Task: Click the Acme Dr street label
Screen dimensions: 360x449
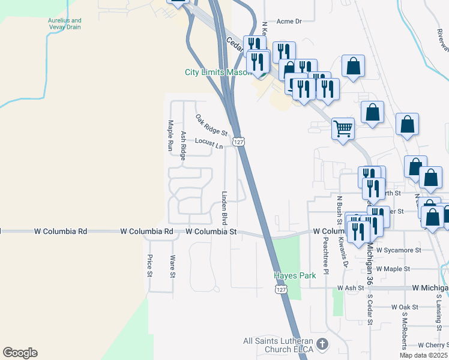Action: click(x=289, y=21)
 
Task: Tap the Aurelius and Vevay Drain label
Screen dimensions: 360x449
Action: click(x=65, y=24)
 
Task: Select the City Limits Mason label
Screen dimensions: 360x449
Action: click(x=218, y=72)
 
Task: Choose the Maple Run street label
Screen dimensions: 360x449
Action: click(x=170, y=135)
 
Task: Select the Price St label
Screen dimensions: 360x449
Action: click(x=150, y=266)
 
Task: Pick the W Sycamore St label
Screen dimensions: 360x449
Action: click(x=399, y=250)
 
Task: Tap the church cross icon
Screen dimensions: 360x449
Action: click(x=322, y=344)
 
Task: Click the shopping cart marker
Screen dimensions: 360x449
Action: click(x=343, y=127)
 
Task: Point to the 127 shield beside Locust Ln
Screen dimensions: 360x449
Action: click(x=239, y=142)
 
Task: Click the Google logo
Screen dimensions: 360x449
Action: click(x=20, y=353)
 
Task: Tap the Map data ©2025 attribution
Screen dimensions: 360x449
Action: click(x=424, y=355)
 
